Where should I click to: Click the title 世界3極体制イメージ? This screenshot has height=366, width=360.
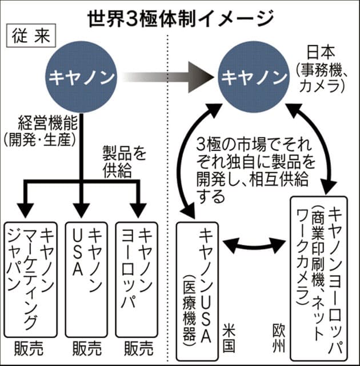(x=179, y=18)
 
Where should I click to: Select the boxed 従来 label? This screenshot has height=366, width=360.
(x=30, y=39)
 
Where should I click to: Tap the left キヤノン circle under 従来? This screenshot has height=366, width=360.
(x=82, y=76)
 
